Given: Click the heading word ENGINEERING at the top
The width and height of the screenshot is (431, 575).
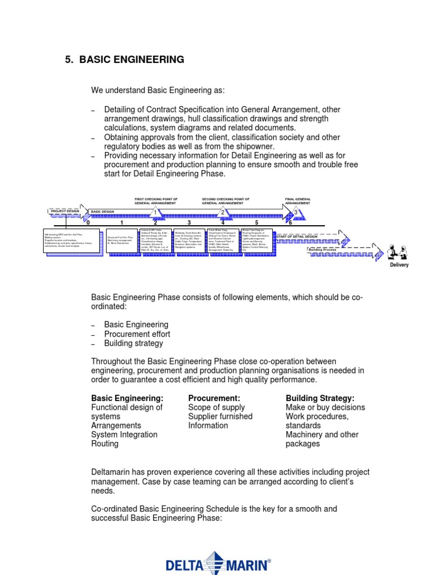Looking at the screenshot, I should [150, 60].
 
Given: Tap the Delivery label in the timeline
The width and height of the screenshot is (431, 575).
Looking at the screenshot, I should [400, 265].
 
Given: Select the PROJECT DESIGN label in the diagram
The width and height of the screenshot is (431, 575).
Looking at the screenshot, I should [65, 211].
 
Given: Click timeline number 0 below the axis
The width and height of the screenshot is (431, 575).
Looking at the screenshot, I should [88, 223].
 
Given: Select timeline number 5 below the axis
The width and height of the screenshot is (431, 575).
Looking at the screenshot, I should [256, 223].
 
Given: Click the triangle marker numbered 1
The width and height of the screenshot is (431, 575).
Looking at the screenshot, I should [155, 212].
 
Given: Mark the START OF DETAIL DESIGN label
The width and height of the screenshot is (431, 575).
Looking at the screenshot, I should [297, 236].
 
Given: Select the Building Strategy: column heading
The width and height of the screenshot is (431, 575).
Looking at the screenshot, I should [320, 398].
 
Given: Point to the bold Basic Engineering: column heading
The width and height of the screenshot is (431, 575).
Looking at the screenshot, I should [127, 398].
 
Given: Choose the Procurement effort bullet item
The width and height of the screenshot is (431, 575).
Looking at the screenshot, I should [137, 334].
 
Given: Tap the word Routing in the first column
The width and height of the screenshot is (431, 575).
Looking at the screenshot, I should [105, 444].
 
